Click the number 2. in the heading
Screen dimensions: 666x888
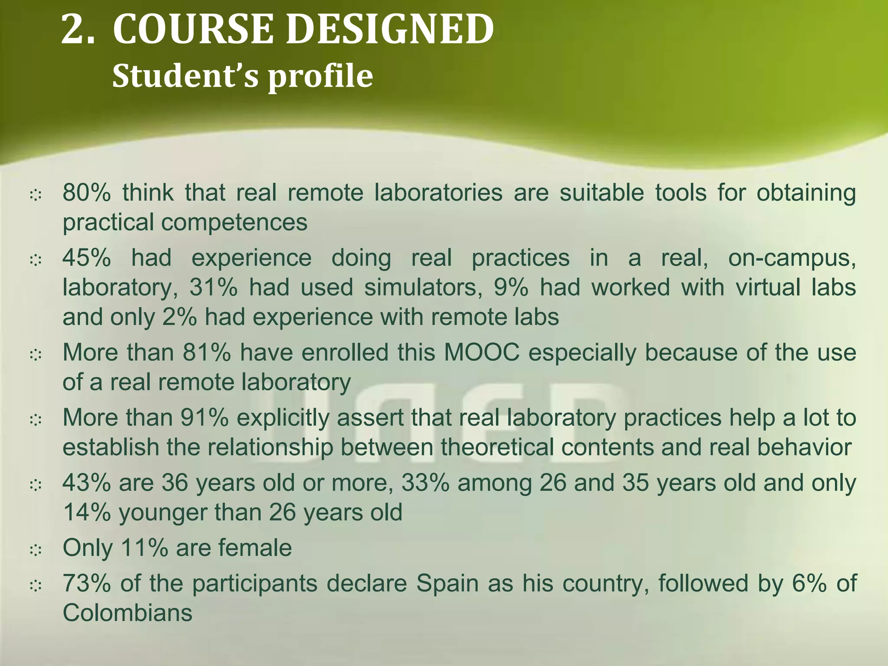coord(78,29)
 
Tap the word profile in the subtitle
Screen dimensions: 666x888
coord(320,76)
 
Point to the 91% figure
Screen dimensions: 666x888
coord(204,418)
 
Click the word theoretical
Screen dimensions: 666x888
coord(497,447)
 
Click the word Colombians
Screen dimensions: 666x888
coord(127,613)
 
